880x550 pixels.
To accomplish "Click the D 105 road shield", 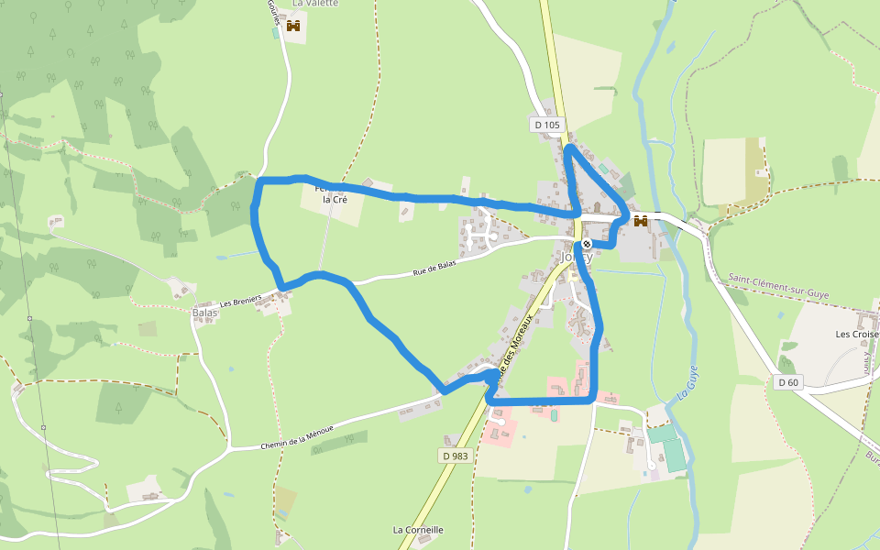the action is coord(545,125).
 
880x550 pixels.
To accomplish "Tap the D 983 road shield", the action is coord(454,456).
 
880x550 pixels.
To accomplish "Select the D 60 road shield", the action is coord(787,382).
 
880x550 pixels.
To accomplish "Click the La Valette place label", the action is coord(315,4).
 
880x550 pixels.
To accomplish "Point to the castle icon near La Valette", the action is coord(293,27).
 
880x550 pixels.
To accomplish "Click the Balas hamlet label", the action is coord(205,313).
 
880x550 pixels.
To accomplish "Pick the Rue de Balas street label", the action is coord(434,268).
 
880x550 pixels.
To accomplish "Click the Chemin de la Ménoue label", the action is coord(295,436).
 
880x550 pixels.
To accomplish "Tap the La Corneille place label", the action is coord(418,530).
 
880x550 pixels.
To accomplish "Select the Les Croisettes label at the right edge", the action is coord(856,334).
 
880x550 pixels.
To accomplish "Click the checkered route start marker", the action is coord(586,245).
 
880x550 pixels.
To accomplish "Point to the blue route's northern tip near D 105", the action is coord(568,148).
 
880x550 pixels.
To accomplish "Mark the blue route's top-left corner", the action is coord(259,182).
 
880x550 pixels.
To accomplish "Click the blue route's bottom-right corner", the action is coord(594,400).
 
